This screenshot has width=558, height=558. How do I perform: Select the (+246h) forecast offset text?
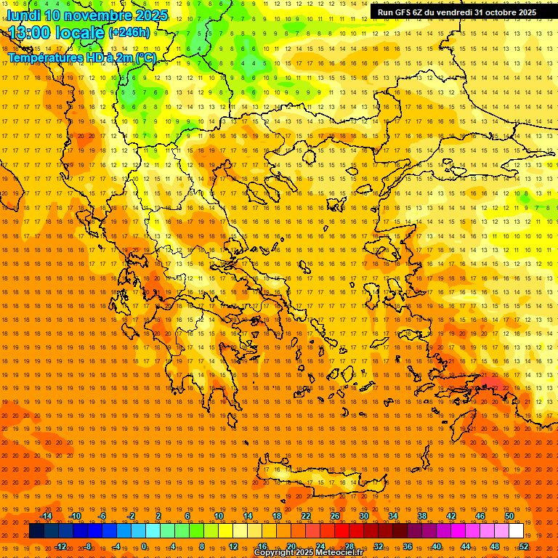[129, 33]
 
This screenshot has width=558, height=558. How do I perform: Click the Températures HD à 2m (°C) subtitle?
[82, 57]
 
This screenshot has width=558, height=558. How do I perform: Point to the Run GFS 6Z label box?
[457, 12]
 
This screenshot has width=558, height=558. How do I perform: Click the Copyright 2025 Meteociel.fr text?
[308, 553]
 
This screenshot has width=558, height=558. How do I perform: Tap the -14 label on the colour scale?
[46, 516]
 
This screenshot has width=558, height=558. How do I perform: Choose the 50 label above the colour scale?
[509, 516]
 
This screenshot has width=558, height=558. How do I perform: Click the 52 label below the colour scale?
[524, 546]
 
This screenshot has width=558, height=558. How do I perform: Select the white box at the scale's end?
[516, 531]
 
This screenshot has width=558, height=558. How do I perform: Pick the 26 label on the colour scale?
[335, 516]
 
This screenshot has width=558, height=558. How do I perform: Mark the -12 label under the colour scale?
[60, 546]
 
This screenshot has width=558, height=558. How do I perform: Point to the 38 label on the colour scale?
[422, 516]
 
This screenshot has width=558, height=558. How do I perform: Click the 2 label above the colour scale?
[158, 516]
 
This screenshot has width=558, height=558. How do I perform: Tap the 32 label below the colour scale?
[379, 546]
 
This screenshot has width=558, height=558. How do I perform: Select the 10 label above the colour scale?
[218, 516]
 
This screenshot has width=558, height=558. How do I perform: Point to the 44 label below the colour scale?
[466, 546]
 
